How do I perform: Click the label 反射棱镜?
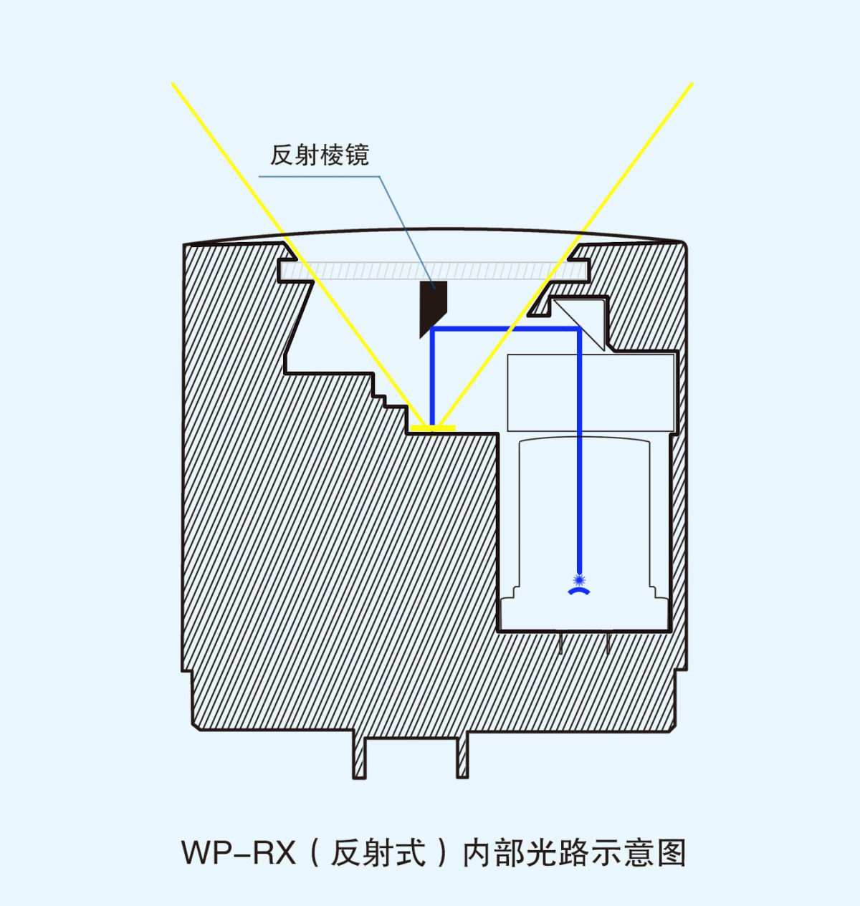tap(319, 155)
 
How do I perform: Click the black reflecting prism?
tap(432, 306)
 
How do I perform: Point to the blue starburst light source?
tap(579, 578)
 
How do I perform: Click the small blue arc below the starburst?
tap(579, 592)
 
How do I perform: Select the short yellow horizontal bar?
tap(433, 428)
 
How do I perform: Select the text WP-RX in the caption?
tap(238, 853)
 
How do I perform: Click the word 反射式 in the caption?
tap(378, 853)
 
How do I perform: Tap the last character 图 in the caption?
tap(672, 853)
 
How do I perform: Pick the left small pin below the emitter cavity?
tap(560, 643)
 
